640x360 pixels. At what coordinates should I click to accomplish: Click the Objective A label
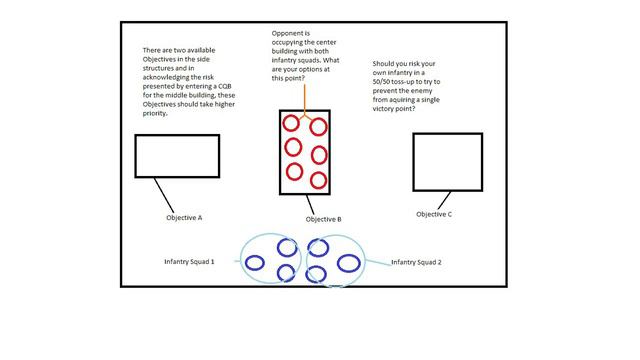pyautogui.click(x=184, y=218)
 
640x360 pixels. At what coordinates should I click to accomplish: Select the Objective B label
pyautogui.click(x=323, y=220)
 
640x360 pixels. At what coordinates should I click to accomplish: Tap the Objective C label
pyautogui.click(x=434, y=214)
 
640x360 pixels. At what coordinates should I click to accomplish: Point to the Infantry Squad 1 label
pyautogui.click(x=189, y=262)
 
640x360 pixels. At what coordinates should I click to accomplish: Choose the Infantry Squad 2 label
pyautogui.click(x=416, y=262)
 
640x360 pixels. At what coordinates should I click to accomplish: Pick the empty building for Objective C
pyautogui.click(x=413, y=162)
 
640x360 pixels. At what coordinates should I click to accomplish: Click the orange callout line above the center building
pyautogui.click(x=304, y=100)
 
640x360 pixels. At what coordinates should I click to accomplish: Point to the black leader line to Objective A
pyautogui.click(x=164, y=195)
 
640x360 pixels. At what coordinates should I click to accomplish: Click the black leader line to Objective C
pyautogui.click(x=444, y=200)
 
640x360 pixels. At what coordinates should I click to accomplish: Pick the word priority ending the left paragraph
pyautogui.click(x=155, y=113)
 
